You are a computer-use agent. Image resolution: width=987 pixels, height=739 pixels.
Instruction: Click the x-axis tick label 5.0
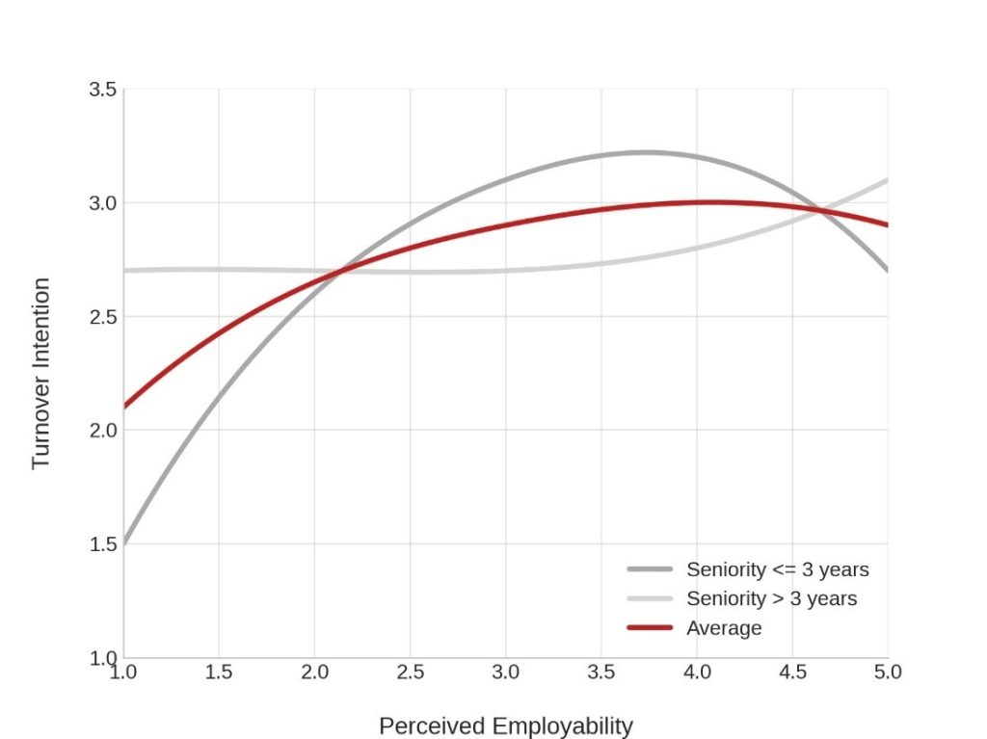887,672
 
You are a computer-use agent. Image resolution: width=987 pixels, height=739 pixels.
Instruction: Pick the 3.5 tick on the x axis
600,672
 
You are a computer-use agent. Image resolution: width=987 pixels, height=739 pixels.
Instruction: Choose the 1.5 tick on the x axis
219,672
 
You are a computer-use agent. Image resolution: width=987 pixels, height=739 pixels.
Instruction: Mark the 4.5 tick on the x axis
792,672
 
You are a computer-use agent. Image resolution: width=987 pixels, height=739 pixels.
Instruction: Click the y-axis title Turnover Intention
40,373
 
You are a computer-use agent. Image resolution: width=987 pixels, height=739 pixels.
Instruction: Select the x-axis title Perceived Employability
505,726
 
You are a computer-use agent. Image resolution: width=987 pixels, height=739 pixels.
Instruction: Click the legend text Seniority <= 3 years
777,569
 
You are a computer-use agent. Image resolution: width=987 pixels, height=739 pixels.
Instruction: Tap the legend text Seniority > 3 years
771,598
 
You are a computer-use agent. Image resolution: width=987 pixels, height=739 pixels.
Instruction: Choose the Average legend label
724,628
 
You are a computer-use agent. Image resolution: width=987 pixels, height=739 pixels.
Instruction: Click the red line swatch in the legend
649,628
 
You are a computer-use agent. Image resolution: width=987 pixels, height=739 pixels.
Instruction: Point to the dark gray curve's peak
644,152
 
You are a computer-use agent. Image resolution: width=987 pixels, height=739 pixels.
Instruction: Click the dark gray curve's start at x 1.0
124,542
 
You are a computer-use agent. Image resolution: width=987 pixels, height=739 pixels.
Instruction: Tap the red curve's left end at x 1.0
124,407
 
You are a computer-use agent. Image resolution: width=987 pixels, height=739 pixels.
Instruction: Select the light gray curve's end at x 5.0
887,180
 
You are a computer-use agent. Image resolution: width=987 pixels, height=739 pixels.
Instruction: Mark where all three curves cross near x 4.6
820,210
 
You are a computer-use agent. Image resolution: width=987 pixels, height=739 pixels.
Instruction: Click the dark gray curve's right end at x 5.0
887,270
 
